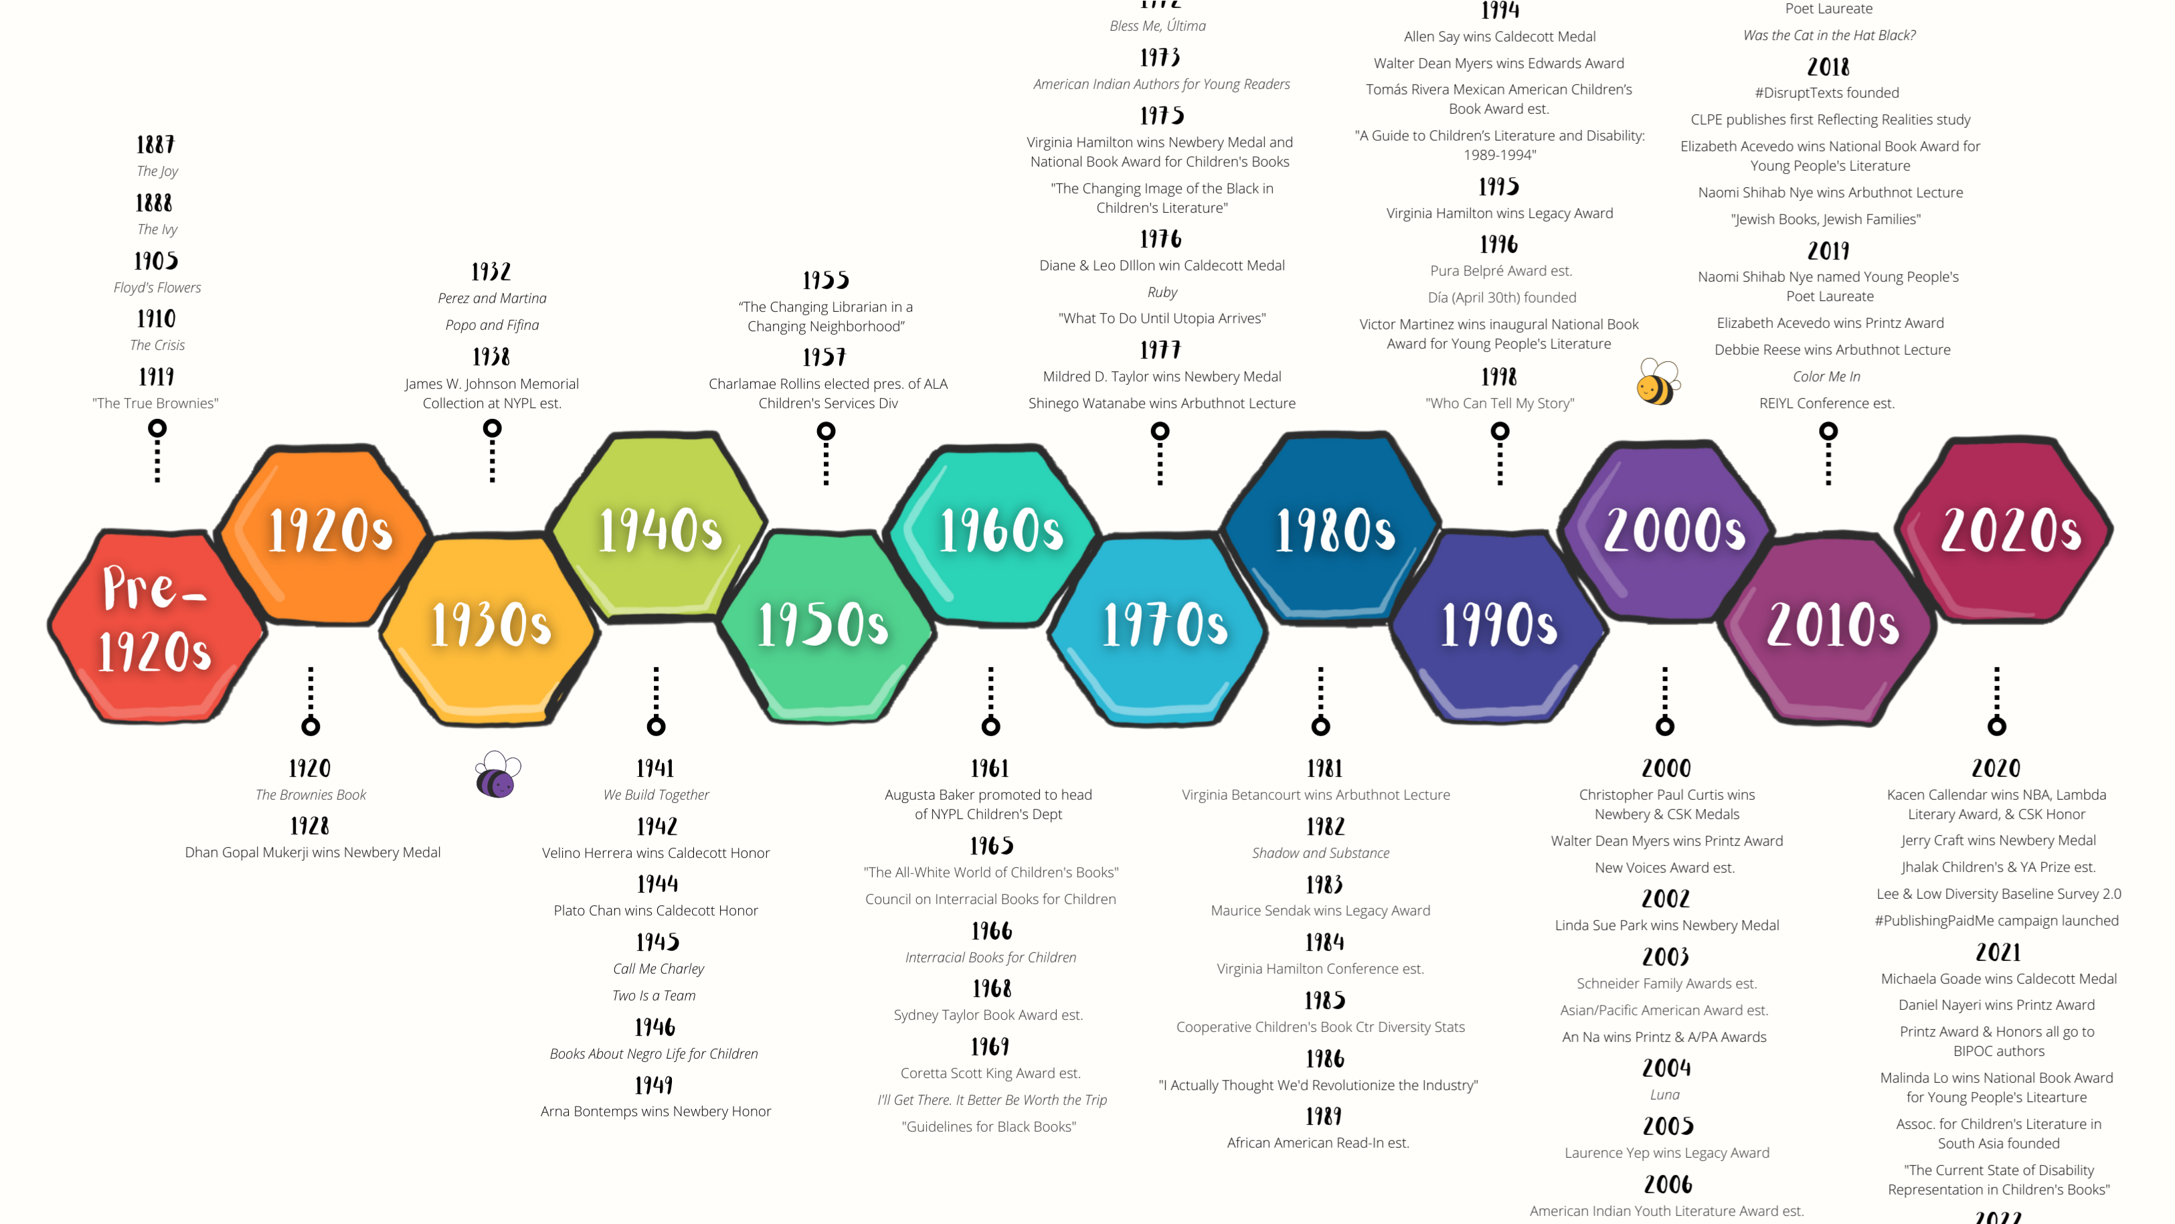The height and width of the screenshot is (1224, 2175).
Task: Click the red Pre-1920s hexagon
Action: tap(156, 624)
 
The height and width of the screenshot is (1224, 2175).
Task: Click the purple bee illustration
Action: tap(497, 775)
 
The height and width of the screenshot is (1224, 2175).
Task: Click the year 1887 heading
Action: tap(155, 145)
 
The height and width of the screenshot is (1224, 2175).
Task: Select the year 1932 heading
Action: tap(491, 272)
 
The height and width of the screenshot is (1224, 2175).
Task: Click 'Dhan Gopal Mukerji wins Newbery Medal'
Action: tap(313, 853)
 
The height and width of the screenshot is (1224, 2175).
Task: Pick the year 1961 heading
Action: tap(990, 768)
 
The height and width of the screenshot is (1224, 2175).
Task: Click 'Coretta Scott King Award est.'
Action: tap(990, 1073)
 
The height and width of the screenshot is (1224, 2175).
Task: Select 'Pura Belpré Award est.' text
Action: tap(1500, 271)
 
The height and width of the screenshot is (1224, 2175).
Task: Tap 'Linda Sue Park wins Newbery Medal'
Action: tap(1666, 925)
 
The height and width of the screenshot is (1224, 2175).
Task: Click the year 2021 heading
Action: tap(1998, 952)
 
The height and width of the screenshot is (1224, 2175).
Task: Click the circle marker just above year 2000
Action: tap(1664, 726)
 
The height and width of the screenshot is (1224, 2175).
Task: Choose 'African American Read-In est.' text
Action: tap(1318, 1143)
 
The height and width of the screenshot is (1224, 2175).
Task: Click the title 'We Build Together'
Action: tap(656, 794)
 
